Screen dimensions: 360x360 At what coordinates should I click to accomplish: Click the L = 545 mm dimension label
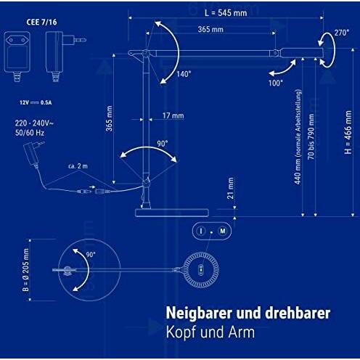[226, 13]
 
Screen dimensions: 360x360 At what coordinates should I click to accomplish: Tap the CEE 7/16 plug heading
[41, 22]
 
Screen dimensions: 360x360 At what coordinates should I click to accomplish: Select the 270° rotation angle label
[342, 33]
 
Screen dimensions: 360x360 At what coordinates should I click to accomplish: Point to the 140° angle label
[184, 74]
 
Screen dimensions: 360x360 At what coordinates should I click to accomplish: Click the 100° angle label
[276, 83]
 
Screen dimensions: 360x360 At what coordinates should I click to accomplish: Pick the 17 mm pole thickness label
[173, 115]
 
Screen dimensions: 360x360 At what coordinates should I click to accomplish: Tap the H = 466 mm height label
[348, 132]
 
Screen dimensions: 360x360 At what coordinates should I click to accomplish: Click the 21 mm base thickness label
[231, 188]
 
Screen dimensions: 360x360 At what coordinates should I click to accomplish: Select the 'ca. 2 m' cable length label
[78, 166]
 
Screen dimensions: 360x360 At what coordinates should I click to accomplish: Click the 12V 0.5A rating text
[36, 102]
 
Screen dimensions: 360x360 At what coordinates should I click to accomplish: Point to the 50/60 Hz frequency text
[30, 133]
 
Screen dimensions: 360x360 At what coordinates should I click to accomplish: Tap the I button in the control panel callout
[200, 231]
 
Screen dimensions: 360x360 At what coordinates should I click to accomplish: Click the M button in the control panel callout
[223, 231]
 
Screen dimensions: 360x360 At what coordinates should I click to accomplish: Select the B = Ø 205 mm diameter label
[25, 270]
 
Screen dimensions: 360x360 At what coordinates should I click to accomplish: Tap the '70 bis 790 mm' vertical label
[311, 137]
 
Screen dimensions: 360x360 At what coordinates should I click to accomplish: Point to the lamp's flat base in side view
[172, 213]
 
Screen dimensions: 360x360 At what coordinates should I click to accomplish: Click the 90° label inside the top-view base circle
[91, 255]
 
